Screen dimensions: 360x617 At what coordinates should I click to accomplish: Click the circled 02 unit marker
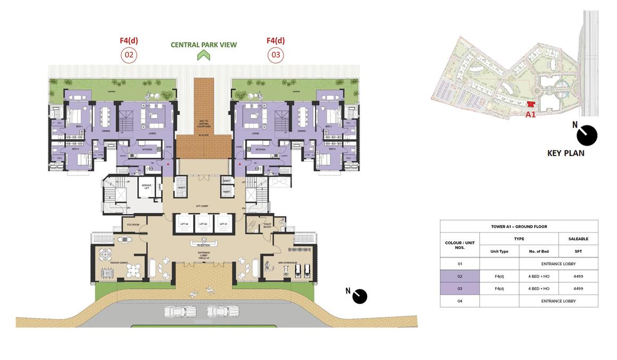[129, 55]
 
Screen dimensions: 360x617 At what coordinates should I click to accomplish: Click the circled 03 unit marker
[276, 55]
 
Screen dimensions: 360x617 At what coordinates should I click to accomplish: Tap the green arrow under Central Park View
[204, 55]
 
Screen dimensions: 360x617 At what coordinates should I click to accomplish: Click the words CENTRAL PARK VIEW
[204, 45]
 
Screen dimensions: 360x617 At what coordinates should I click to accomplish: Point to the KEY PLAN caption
[566, 153]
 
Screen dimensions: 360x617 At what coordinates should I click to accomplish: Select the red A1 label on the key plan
[530, 114]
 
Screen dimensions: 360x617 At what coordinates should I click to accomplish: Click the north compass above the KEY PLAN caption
[587, 135]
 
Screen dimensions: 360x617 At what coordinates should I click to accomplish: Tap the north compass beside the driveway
[360, 296]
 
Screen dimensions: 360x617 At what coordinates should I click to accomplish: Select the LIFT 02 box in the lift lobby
[203, 224]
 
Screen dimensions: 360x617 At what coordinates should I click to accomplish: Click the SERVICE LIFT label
[146, 187]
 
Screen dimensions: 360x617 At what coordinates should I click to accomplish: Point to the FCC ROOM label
[132, 224]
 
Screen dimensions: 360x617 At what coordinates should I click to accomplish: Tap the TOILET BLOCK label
[267, 225]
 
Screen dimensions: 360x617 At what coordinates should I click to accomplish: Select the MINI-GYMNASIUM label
[287, 263]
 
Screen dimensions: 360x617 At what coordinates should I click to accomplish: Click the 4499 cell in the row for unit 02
[578, 276]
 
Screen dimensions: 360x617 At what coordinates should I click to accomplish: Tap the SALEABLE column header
[578, 239]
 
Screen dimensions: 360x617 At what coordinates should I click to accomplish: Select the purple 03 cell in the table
[460, 288]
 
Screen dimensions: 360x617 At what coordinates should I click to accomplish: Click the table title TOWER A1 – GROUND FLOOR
[519, 227]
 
